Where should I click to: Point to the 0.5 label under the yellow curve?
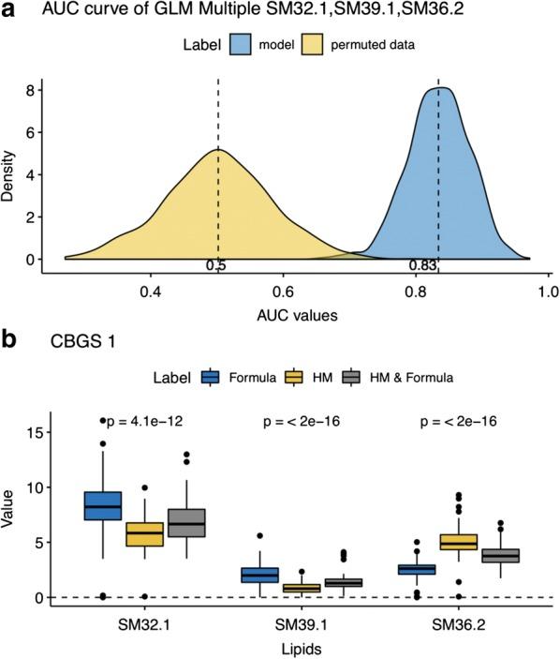point(216,265)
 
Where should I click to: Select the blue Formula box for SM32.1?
point(102,505)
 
